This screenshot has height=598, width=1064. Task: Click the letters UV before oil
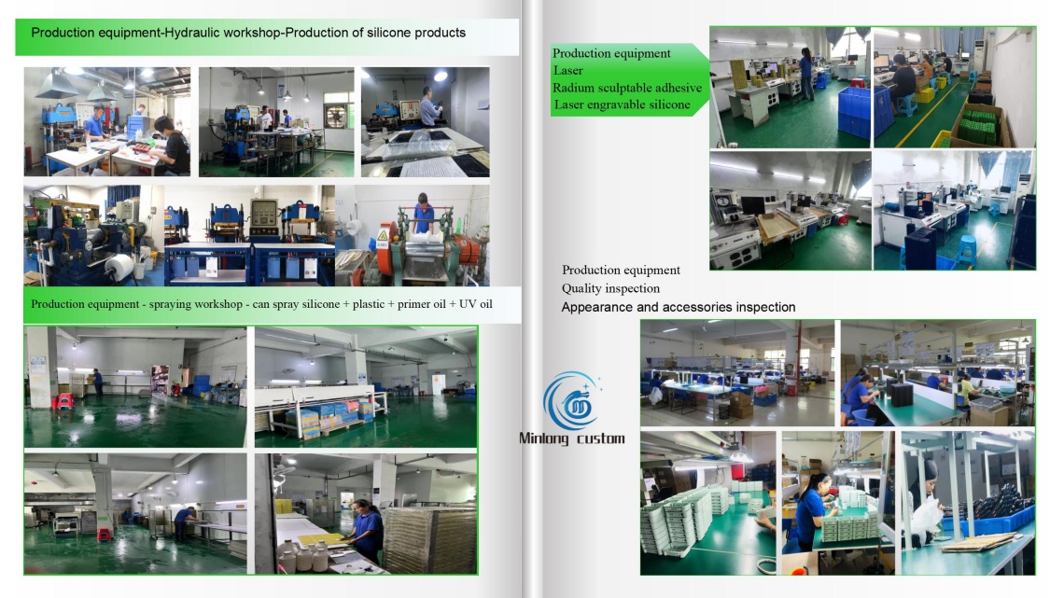coord(467,304)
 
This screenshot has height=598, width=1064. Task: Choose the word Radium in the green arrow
coord(570,88)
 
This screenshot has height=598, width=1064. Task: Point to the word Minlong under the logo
coord(543,438)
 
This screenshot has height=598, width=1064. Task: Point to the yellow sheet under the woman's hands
coord(322,540)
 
